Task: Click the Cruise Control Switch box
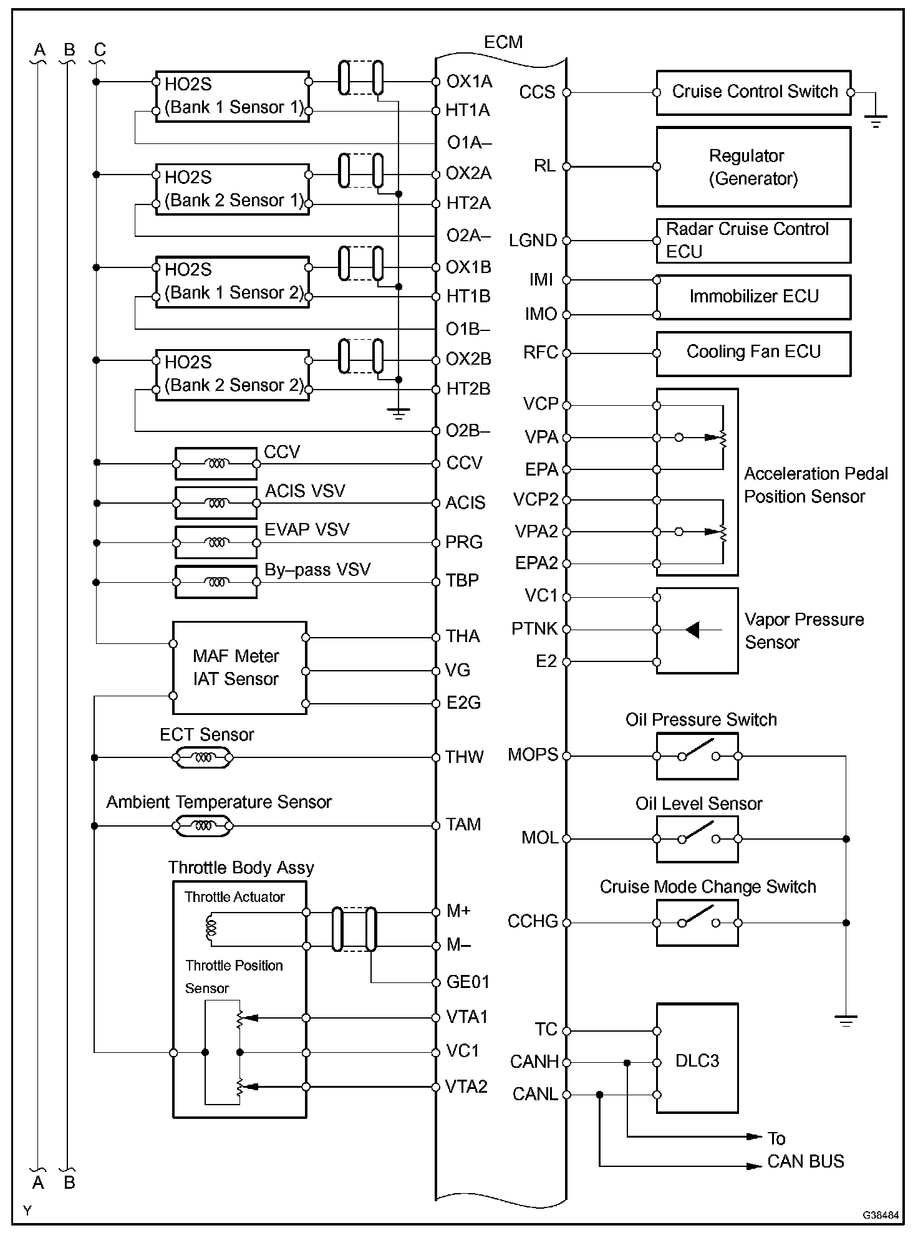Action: tap(753, 92)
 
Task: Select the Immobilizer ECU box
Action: tap(753, 297)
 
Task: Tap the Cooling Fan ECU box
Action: tap(753, 353)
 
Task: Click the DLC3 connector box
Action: tap(697, 1060)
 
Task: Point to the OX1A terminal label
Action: tap(469, 82)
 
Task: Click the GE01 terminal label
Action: tap(468, 982)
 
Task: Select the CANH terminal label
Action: tap(534, 1062)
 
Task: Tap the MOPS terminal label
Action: tap(533, 755)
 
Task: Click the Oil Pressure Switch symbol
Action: tap(697, 756)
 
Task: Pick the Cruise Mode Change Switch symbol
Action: tap(697, 923)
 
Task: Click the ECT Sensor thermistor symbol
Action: tap(203, 758)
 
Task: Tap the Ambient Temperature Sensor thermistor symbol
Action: tap(203, 826)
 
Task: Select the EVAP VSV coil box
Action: tap(216, 543)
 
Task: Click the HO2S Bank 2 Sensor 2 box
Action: tap(232, 374)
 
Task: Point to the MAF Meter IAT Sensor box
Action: tap(239, 668)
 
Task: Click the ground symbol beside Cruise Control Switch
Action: tap(876, 120)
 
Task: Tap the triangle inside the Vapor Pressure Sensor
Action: tap(692, 630)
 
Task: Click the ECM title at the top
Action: tap(503, 42)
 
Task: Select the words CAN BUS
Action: tap(805, 1161)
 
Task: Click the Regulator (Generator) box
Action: tap(753, 167)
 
